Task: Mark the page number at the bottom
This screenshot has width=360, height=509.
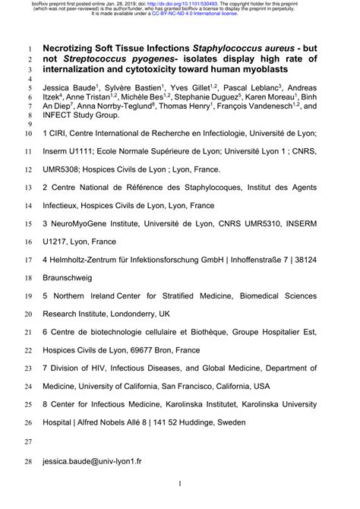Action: point(180,484)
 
